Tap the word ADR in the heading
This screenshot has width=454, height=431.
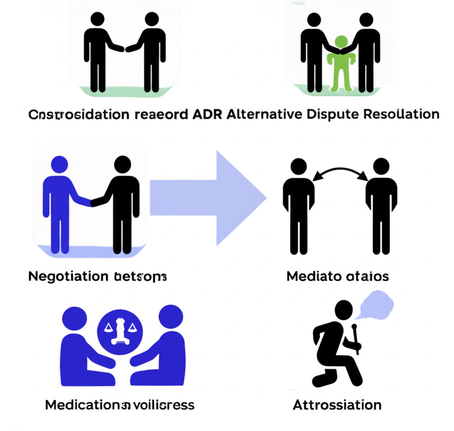pyautogui.click(x=207, y=114)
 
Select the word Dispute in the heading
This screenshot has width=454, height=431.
pyautogui.click(x=331, y=114)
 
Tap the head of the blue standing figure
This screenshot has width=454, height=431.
pyautogui.click(x=59, y=164)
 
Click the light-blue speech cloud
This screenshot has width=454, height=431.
pyautogui.click(x=377, y=304)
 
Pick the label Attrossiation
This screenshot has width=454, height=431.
pyautogui.click(x=337, y=405)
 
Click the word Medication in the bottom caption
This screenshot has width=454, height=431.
pyautogui.click(x=82, y=405)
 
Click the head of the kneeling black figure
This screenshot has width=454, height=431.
pyautogui.click(x=343, y=309)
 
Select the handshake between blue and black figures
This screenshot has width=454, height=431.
pyautogui.click(x=91, y=202)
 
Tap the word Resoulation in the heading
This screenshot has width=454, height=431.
pyautogui.click(x=401, y=114)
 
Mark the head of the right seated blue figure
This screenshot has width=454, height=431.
pyautogui.click(x=170, y=317)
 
